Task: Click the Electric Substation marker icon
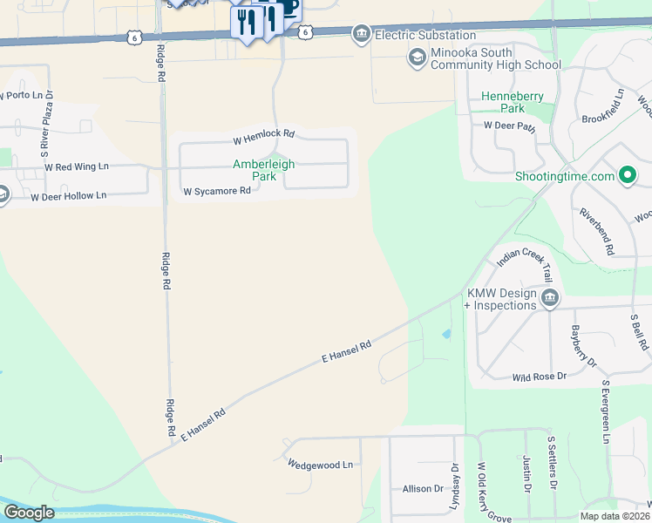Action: [360, 34]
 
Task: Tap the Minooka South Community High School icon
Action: [417, 58]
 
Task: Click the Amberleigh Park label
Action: [263, 169]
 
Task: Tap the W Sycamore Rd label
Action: [216, 191]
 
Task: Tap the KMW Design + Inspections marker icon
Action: [550, 299]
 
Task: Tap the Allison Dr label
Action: [423, 489]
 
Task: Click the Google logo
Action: [29, 513]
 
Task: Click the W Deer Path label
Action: [509, 126]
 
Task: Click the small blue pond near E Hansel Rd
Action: [447, 334]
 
